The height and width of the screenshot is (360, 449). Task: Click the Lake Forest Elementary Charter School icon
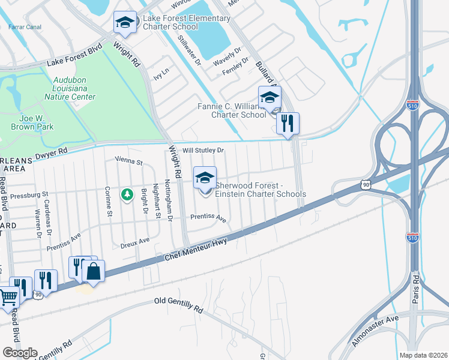point(125,23)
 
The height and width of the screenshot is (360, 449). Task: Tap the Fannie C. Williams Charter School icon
point(270,97)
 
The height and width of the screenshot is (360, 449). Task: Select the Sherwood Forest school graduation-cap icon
point(205,177)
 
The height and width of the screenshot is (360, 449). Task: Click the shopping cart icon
point(8,296)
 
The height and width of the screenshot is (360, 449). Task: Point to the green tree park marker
point(127,194)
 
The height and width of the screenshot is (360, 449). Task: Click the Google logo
point(20,353)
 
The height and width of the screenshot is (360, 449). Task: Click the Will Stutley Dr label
point(203,150)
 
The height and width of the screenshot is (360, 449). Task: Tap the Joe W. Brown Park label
point(32,122)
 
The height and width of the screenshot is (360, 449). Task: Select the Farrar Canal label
point(25,26)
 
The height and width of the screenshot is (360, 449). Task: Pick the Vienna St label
point(128,162)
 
